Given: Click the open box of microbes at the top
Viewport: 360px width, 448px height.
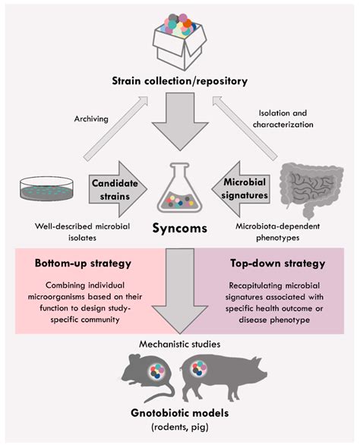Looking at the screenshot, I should tap(180, 39).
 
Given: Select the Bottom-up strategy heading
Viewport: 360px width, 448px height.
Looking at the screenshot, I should tap(81, 265).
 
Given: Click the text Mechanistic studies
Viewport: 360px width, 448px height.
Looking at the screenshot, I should tap(180, 344).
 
